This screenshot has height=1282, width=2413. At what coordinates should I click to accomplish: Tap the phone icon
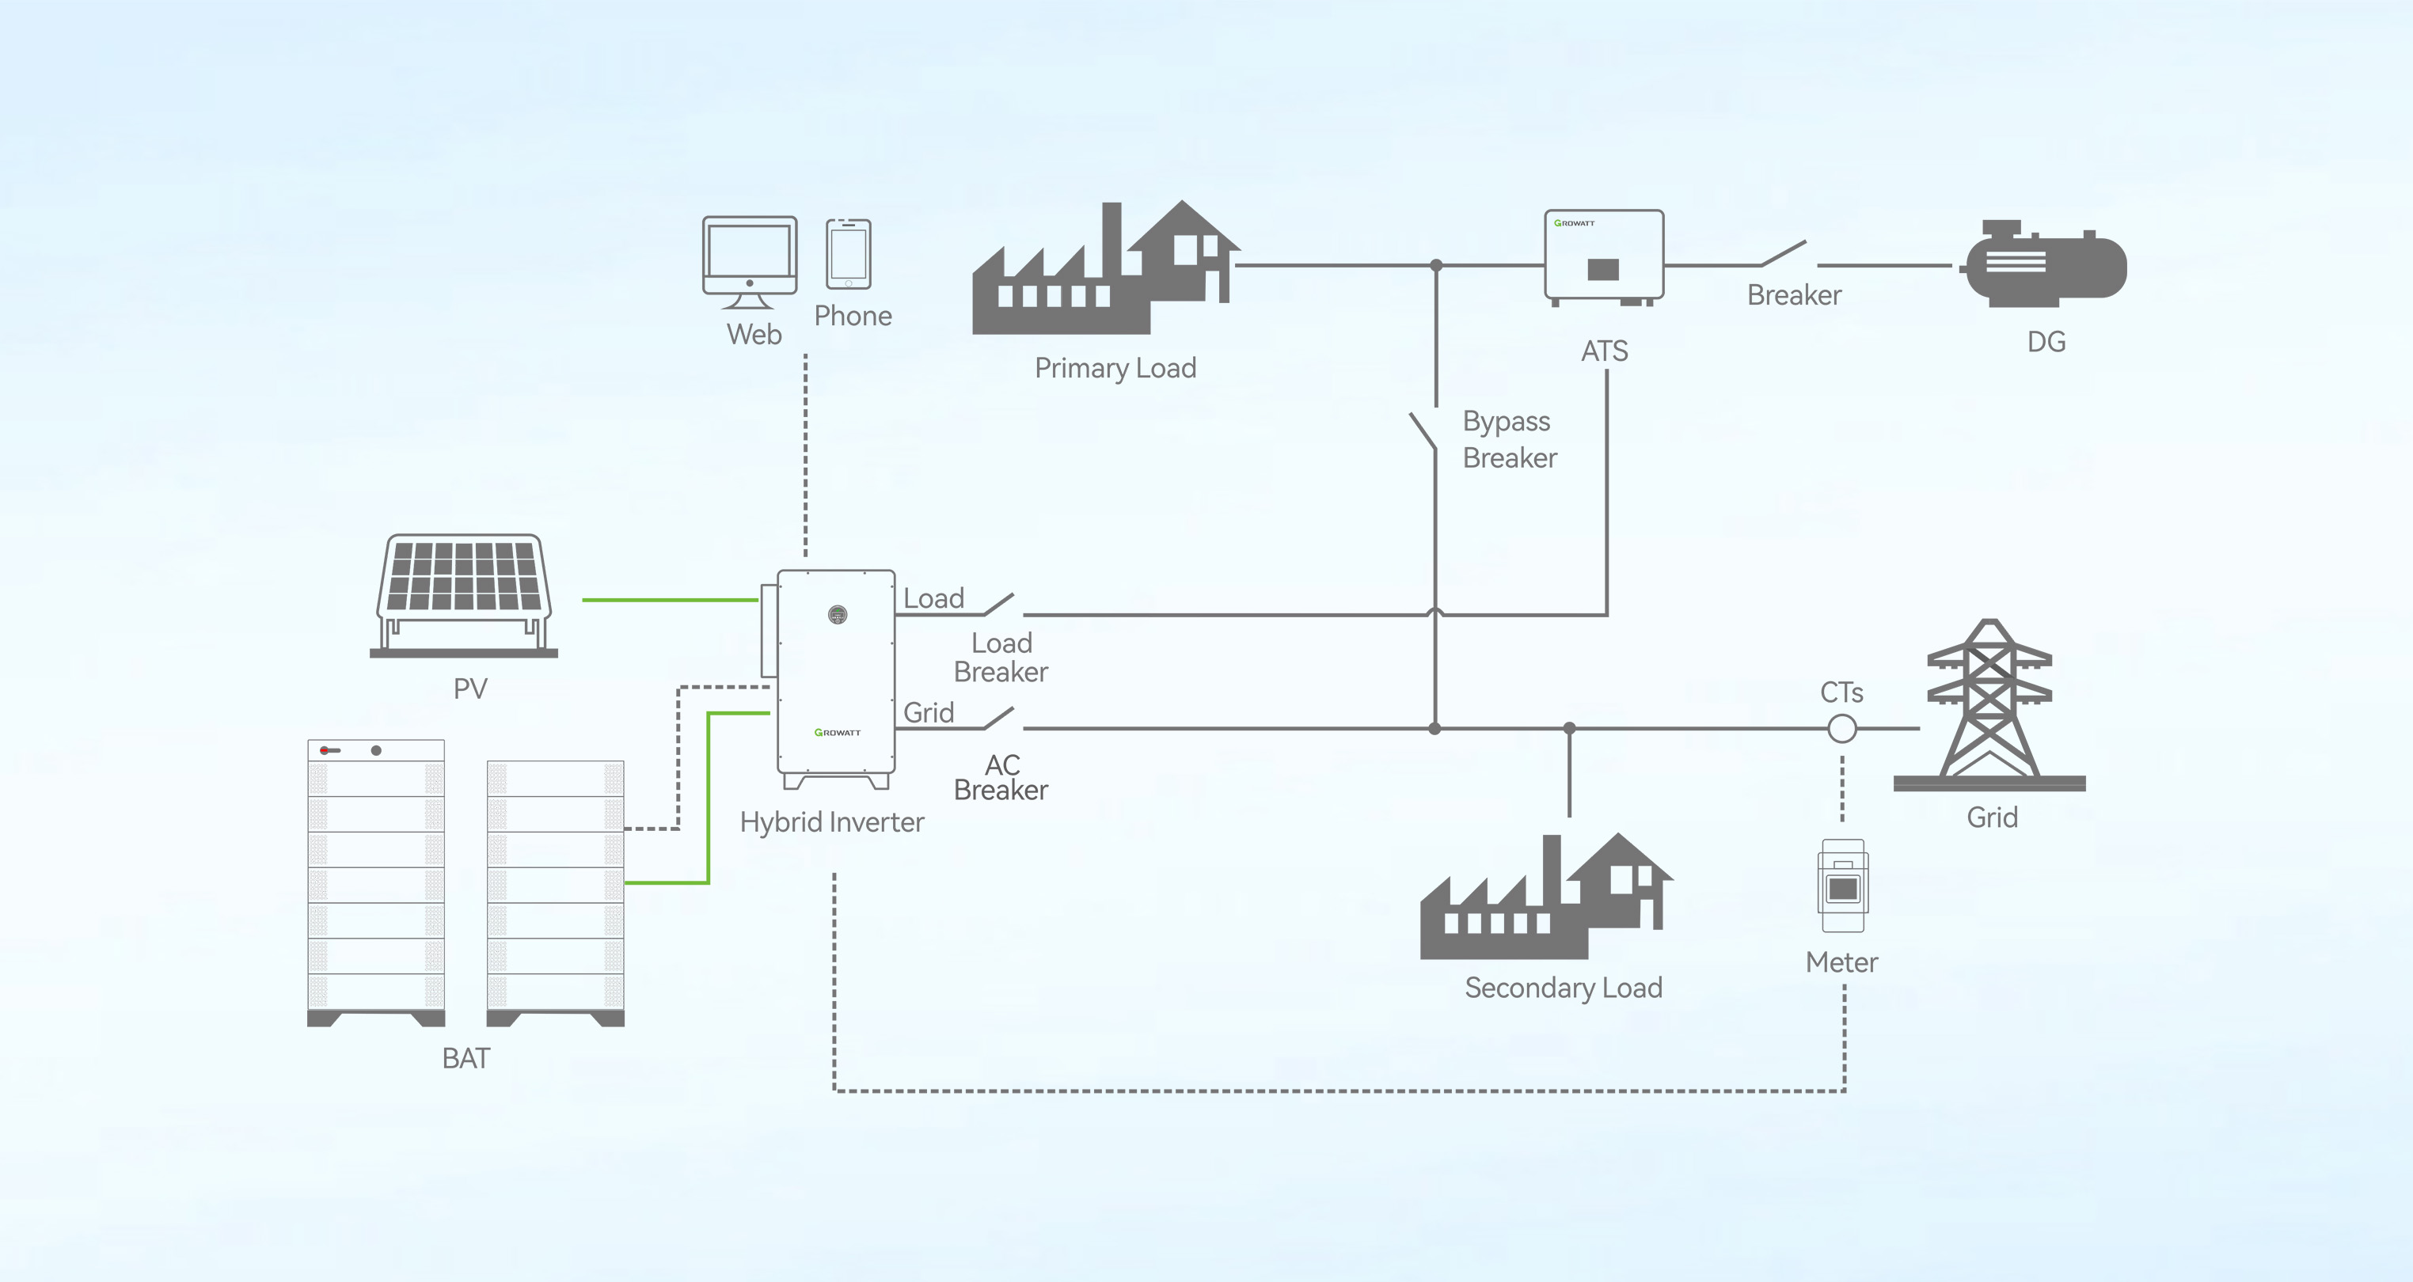(x=848, y=254)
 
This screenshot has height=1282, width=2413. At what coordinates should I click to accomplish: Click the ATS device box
(x=1604, y=256)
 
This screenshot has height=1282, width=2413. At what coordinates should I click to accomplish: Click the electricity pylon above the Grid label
(x=1989, y=704)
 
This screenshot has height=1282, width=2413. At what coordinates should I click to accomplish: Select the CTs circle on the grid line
(x=1841, y=729)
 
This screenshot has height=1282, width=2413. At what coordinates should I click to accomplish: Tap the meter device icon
(x=1842, y=886)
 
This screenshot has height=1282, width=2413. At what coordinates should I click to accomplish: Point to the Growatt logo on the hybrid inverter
(x=837, y=732)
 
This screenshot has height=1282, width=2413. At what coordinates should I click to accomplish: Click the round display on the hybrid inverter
(x=838, y=614)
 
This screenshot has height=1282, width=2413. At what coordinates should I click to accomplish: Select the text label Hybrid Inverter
(x=832, y=822)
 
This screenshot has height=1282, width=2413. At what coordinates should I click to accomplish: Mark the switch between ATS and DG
(x=1784, y=254)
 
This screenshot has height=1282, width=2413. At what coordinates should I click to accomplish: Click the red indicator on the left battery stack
(x=324, y=750)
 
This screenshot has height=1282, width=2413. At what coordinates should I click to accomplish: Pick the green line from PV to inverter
(x=669, y=599)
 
